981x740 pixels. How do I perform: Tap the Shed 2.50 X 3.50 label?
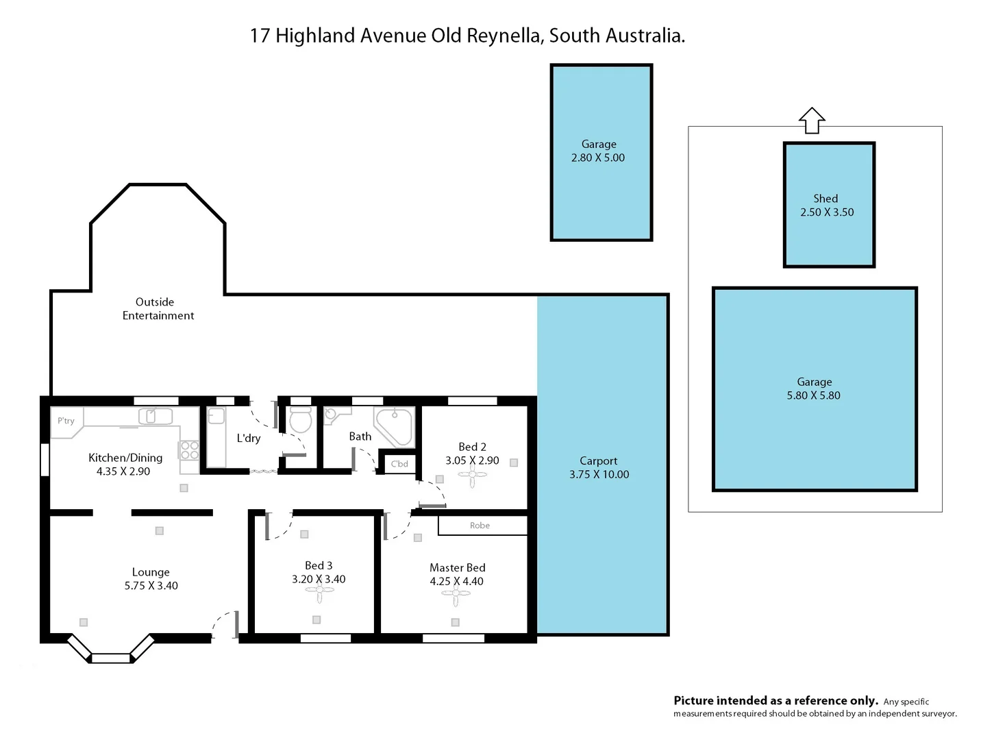pos(827,206)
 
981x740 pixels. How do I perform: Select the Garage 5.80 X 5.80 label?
pos(814,388)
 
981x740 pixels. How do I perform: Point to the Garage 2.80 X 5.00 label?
pos(598,151)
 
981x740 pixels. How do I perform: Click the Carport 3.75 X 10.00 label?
pos(599,467)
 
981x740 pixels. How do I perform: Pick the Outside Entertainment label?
pos(157,308)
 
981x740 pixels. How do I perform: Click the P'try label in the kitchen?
pos(66,421)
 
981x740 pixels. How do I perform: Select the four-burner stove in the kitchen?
pos(189,450)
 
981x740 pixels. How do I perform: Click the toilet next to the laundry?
pos(301,421)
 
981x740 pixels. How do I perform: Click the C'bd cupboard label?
pos(399,464)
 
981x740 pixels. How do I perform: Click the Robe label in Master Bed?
pos(480,526)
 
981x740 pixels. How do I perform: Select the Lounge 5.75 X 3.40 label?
pos(151,579)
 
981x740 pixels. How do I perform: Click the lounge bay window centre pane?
pos(110,658)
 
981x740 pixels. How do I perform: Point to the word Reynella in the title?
pos(504,36)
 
